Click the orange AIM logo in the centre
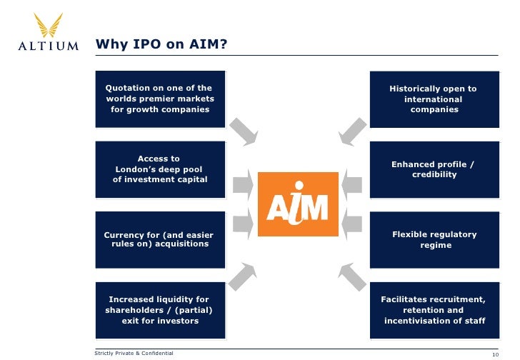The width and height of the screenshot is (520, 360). point(298,204)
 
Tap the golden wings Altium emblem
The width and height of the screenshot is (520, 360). point(47,26)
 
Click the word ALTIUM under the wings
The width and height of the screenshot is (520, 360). point(47,46)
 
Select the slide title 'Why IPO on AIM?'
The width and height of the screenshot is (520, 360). point(161,45)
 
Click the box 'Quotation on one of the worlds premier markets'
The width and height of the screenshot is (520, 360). point(160,99)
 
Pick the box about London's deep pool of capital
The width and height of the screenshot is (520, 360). point(160,169)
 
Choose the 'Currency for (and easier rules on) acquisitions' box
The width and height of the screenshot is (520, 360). point(160,239)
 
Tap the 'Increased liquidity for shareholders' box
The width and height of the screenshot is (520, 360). point(160,310)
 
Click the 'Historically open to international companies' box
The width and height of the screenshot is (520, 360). point(434,99)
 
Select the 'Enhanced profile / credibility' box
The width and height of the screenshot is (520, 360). point(434,169)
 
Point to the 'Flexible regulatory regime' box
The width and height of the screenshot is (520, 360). point(434,239)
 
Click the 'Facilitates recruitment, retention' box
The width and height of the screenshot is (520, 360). point(434,310)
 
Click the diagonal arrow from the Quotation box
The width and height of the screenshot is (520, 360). point(244,130)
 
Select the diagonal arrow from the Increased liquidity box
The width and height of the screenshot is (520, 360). point(244,276)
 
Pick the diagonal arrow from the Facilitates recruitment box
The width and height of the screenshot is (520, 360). point(351,276)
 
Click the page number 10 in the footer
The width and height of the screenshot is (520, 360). point(495,354)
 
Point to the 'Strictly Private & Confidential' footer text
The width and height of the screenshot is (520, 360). point(134,353)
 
